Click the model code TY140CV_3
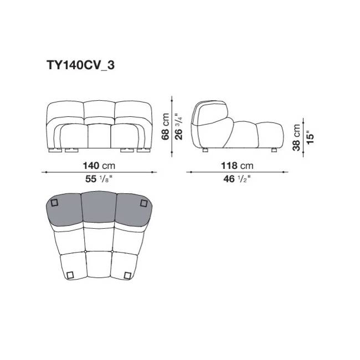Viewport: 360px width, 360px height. click(x=81, y=65)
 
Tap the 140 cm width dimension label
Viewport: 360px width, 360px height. click(x=99, y=166)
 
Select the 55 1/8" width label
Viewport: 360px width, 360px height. click(x=99, y=179)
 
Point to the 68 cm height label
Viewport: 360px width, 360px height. click(x=165, y=126)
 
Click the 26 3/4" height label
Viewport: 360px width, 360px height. click(x=179, y=126)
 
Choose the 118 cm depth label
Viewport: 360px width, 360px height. click(x=237, y=166)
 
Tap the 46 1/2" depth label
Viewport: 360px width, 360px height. click(x=237, y=179)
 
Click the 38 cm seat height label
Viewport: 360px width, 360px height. click(x=296, y=137)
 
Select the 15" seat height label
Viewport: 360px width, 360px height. click(x=310, y=137)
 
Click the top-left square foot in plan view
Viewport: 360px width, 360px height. click(x=54, y=203)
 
